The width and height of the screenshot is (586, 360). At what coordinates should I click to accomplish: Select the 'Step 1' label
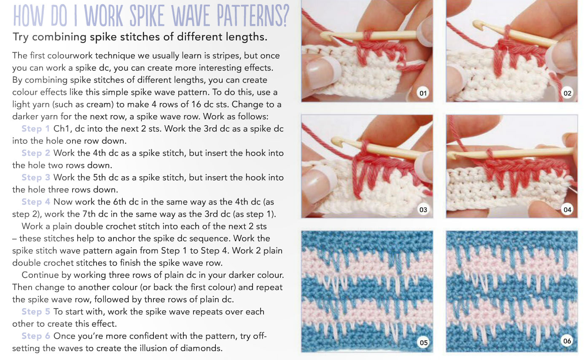[x=35, y=129]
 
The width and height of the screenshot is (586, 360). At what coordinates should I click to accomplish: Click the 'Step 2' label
[x=35, y=153]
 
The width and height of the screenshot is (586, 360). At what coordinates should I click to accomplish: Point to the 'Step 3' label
[x=35, y=177]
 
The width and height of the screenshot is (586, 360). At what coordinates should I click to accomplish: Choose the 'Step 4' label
[x=35, y=202]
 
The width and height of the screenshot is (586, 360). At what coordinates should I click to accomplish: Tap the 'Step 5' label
[x=35, y=312]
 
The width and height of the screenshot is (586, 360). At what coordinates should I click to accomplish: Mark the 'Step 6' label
[x=35, y=336]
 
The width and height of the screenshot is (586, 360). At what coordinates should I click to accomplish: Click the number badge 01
[x=423, y=93]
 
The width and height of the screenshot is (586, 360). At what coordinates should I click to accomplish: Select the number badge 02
[x=567, y=93]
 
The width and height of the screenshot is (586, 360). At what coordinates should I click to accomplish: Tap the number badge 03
[x=423, y=210]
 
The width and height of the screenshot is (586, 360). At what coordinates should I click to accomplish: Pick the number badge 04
[x=567, y=210]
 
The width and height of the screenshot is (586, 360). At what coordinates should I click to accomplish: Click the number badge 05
[x=424, y=342]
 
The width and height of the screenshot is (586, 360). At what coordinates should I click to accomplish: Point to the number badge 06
[x=567, y=341]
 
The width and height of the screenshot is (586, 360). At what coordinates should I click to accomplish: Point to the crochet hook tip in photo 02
[x=476, y=25]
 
